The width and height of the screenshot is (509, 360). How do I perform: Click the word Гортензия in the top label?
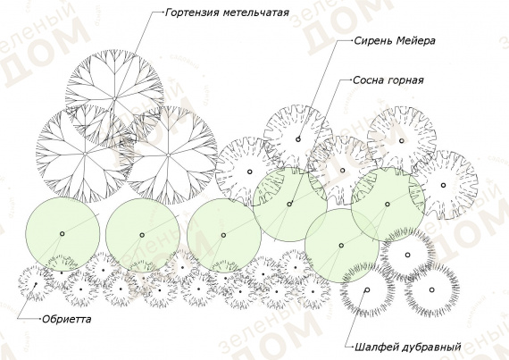point(193,13)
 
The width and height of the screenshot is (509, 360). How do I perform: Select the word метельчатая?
point(256,13)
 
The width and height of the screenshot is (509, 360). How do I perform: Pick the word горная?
point(405,80)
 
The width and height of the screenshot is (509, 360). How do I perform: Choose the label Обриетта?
point(67,320)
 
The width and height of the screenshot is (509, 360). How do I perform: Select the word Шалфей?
point(376,347)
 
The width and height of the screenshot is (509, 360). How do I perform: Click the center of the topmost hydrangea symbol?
point(114,98)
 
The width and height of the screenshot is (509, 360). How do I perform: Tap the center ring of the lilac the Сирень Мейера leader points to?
point(298,139)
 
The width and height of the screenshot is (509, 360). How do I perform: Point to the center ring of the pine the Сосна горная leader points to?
point(289,204)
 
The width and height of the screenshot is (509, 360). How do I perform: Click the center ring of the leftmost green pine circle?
point(62,234)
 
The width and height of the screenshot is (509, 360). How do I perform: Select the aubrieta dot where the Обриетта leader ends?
point(36,284)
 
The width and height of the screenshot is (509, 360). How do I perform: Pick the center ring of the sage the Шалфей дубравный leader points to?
point(367,290)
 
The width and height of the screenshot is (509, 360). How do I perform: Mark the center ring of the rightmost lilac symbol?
point(444,185)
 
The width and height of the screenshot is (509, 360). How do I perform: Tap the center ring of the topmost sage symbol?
point(408,255)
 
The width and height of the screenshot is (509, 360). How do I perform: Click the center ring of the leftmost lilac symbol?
point(250,172)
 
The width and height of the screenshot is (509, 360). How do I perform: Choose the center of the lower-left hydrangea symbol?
point(85,154)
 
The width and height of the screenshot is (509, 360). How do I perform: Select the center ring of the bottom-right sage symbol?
point(431,290)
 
